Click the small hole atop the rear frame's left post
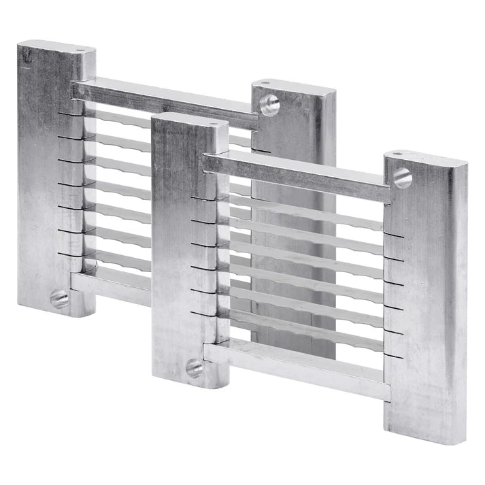click(x=82, y=50)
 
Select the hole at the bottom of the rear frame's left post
click(x=59, y=297)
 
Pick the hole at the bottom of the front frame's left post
click(x=195, y=368)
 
